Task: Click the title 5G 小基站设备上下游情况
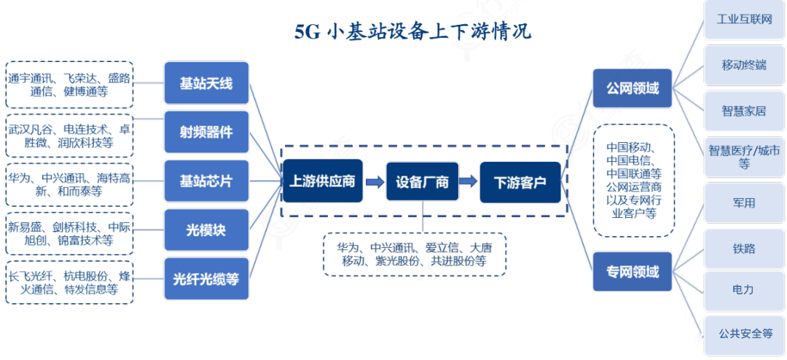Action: tap(412, 32)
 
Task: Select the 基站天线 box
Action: tap(206, 83)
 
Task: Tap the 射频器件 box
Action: tap(206, 132)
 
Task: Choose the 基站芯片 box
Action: tap(206, 181)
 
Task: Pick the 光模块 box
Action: tap(206, 230)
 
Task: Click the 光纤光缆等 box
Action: tap(206, 279)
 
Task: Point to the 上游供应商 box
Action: tap(322, 181)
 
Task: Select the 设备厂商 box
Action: tap(422, 181)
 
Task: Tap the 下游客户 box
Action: tap(520, 182)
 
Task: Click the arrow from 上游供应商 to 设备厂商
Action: tap(374, 181)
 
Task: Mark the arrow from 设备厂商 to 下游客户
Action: tap(469, 181)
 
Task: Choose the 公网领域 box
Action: tap(632, 88)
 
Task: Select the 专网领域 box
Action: tap(632, 272)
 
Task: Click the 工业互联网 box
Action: tap(744, 20)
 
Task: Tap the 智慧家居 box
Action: tap(744, 111)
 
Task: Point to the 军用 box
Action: tap(744, 203)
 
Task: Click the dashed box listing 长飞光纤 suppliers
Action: tap(70, 282)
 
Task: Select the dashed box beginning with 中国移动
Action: tap(633, 181)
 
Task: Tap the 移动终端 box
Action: tap(744, 66)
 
